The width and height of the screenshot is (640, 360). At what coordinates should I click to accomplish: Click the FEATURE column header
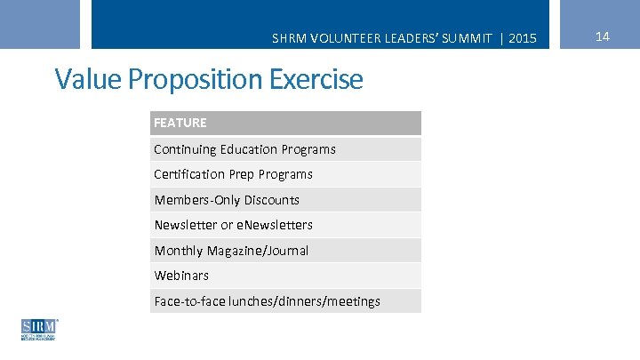pyautogui.click(x=180, y=123)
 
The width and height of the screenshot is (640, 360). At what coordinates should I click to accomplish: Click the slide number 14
pyautogui.click(x=602, y=36)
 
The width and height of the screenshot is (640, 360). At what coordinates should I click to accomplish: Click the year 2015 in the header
pyautogui.click(x=524, y=38)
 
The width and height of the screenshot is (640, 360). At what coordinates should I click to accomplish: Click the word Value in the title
pyautogui.click(x=89, y=80)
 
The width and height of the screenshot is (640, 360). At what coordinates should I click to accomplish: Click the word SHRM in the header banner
pyautogui.click(x=287, y=38)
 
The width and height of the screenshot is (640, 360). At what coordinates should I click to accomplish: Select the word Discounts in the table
pyautogui.click(x=271, y=200)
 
